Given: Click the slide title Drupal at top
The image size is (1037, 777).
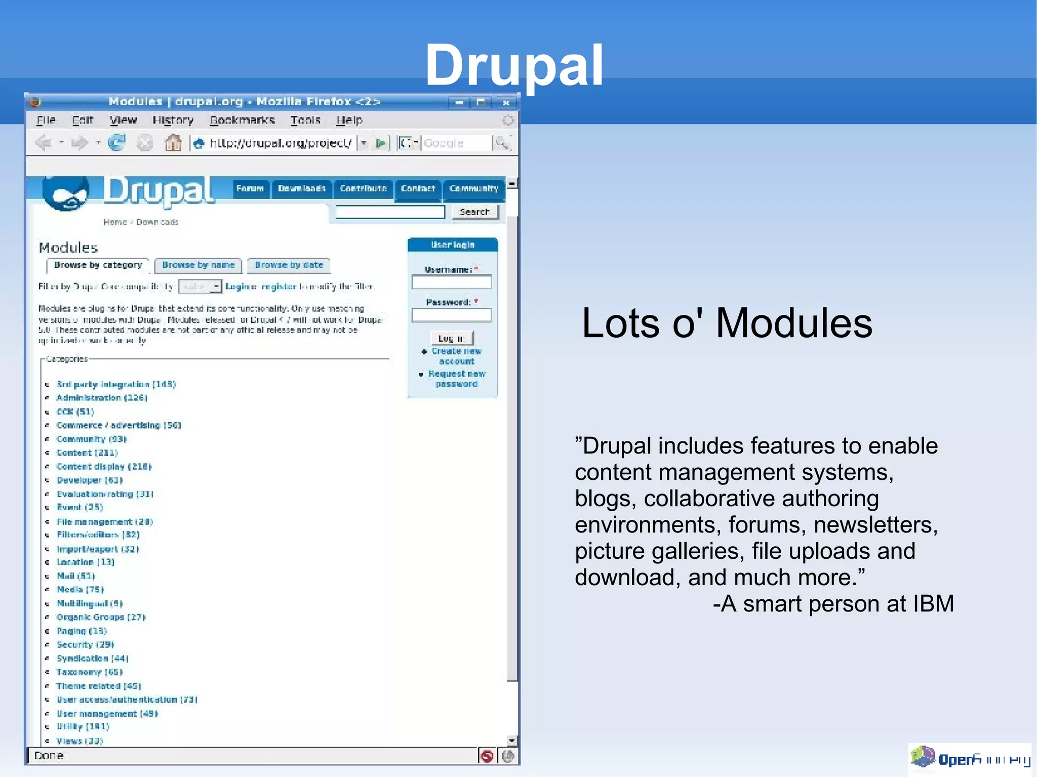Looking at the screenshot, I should (x=514, y=66).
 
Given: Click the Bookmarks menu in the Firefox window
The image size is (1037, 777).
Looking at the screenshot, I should (x=242, y=120).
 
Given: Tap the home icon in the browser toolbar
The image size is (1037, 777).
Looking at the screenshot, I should (x=173, y=143).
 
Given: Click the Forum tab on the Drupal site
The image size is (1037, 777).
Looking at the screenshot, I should (x=250, y=189).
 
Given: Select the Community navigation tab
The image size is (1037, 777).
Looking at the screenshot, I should (x=473, y=189).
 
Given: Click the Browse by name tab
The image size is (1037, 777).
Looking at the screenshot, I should (x=198, y=265).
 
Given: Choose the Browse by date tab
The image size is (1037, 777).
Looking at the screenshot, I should (x=289, y=265).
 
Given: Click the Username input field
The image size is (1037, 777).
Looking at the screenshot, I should (x=451, y=282).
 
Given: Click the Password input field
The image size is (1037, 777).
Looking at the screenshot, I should (x=451, y=316).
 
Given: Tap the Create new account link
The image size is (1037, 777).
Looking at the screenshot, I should (x=456, y=356).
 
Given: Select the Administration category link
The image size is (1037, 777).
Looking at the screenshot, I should (x=101, y=398).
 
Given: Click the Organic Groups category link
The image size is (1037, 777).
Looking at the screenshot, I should (x=100, y=618).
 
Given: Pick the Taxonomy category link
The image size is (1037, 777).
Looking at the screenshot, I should (x=89, y=672).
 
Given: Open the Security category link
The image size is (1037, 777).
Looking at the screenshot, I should (x=85, y=645).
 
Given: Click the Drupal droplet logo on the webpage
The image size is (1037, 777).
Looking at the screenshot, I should (x=66, y=194).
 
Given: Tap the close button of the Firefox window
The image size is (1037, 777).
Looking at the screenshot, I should (x=505, y=103).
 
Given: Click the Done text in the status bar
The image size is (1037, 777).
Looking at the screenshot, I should (x=49, y=756).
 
